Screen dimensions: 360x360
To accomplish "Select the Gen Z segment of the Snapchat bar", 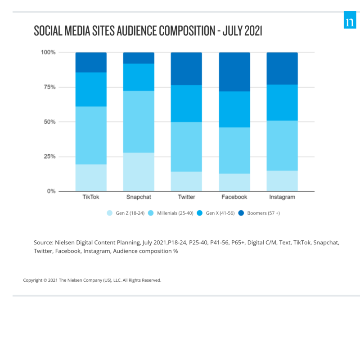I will (139, 172).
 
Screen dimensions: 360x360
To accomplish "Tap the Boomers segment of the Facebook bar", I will (234, 72).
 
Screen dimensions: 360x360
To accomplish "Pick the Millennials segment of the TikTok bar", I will (91, 135).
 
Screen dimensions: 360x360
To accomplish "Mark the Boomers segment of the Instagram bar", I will (282, 68).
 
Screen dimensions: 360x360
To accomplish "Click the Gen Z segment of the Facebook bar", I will (234, 182).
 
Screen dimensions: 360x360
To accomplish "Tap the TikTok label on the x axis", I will (91, 197).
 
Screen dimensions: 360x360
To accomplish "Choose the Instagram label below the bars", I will (282, 197).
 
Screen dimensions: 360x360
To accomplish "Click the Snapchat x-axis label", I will (139, 197).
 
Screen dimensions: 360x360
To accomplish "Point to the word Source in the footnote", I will (43, 242).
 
